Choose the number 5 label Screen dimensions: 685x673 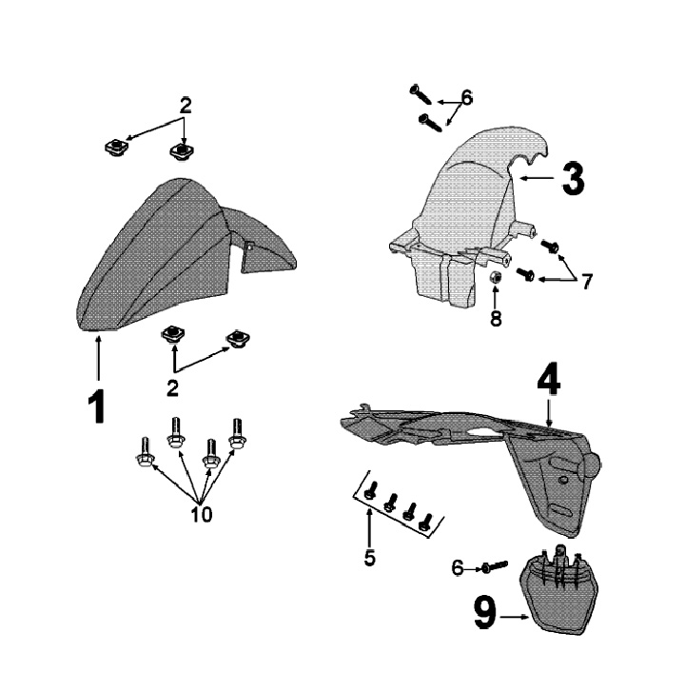(369, 556)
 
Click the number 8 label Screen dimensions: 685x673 (496, 319)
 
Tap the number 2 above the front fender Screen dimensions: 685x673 (186, 107)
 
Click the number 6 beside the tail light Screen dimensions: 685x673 (458, 566)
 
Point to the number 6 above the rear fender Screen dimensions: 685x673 (466, 97)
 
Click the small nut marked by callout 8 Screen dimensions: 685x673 (496, 277)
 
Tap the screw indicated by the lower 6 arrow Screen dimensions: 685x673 (484, 567)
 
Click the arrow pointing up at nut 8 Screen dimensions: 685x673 (496, 297)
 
